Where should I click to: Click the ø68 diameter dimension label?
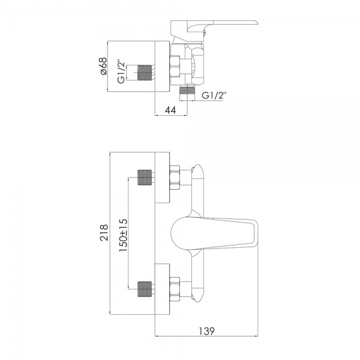pos(104,66)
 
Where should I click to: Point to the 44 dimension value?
pos(170,110)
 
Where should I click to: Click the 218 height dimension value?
pos(104,233)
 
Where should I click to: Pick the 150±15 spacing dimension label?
pos(123,235)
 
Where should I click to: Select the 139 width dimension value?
pos(206,331)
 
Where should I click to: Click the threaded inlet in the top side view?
pos(145,73)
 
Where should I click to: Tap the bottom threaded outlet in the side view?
pos(187,91)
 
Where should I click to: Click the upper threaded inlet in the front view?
pos(145,177)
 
